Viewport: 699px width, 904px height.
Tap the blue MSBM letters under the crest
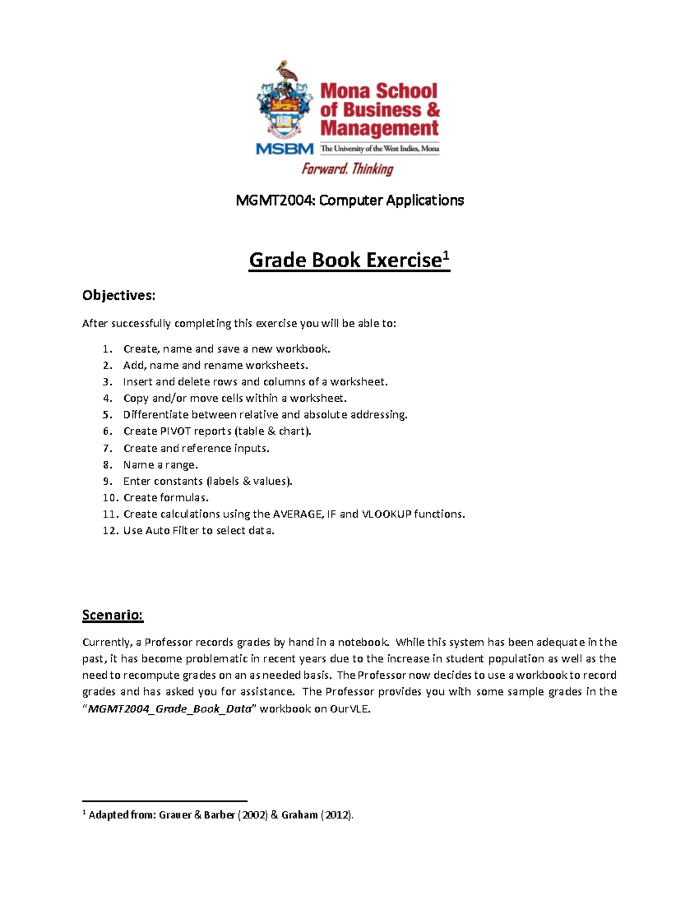tap(284, 149)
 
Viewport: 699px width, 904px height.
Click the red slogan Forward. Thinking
tap(347, 169)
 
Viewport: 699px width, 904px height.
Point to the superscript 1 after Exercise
tap(446, 255)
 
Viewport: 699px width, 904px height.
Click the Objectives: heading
tap(119, 296)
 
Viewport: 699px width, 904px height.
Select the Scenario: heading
tap(112, 615)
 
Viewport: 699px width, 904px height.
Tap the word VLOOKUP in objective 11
tap(386, 514)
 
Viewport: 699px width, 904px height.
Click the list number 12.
tap(110, 531)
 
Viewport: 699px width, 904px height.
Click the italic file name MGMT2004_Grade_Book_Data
tap(170, 709)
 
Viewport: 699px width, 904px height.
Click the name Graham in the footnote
tap(299, 815)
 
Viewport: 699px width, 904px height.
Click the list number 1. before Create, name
tap(107, 349)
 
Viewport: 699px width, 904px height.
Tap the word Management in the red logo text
tap(379, 128)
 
